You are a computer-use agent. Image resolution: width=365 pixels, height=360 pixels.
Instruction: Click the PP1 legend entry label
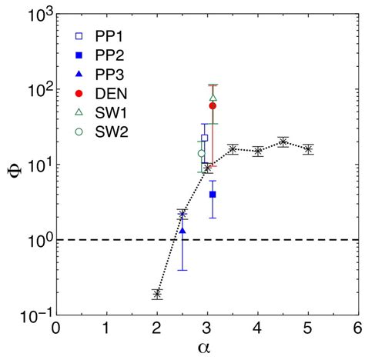click(112, 35)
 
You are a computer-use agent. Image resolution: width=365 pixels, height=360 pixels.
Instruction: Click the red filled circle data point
click(213, 105)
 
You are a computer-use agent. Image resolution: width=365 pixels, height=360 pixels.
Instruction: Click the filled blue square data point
click(213, 195)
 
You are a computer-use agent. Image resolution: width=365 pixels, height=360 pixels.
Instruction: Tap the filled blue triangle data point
click(182, 230)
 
